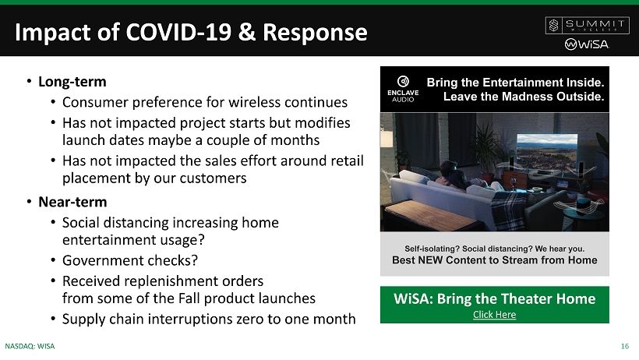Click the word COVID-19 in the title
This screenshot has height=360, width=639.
tap(179, 32)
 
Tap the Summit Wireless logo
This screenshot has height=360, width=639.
tap(588, 25)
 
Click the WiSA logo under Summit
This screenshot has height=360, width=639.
tap(587, 44)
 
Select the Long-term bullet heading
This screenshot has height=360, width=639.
tap(72, 82)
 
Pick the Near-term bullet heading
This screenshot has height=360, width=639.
tap(72, 202)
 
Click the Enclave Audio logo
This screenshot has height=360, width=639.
tap(403, 89)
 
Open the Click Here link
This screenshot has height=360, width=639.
tap(494, 315)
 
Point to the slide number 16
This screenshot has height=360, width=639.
tap(625, 346)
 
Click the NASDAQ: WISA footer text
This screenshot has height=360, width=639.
tap(30, 346)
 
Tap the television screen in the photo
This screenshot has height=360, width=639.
tap(547, 153)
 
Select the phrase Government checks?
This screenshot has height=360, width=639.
tap(130, 260)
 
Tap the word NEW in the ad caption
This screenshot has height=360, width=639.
tap(430, 260)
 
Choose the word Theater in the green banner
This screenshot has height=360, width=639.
tap(513, 299)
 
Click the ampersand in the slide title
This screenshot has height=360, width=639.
tap(247, 32)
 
